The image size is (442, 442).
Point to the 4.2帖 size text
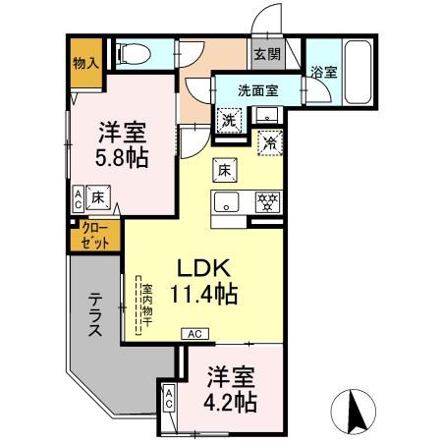(233, 401)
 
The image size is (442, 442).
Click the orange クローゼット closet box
(95, 236)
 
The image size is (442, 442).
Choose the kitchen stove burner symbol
(265, 203)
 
